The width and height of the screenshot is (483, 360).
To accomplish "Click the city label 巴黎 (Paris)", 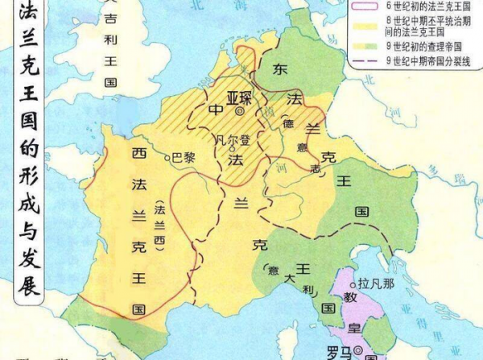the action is (184, 158).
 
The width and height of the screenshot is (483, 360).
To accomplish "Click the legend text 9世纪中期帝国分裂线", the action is (427, 60).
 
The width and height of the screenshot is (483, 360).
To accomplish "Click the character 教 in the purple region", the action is (350, 297).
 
